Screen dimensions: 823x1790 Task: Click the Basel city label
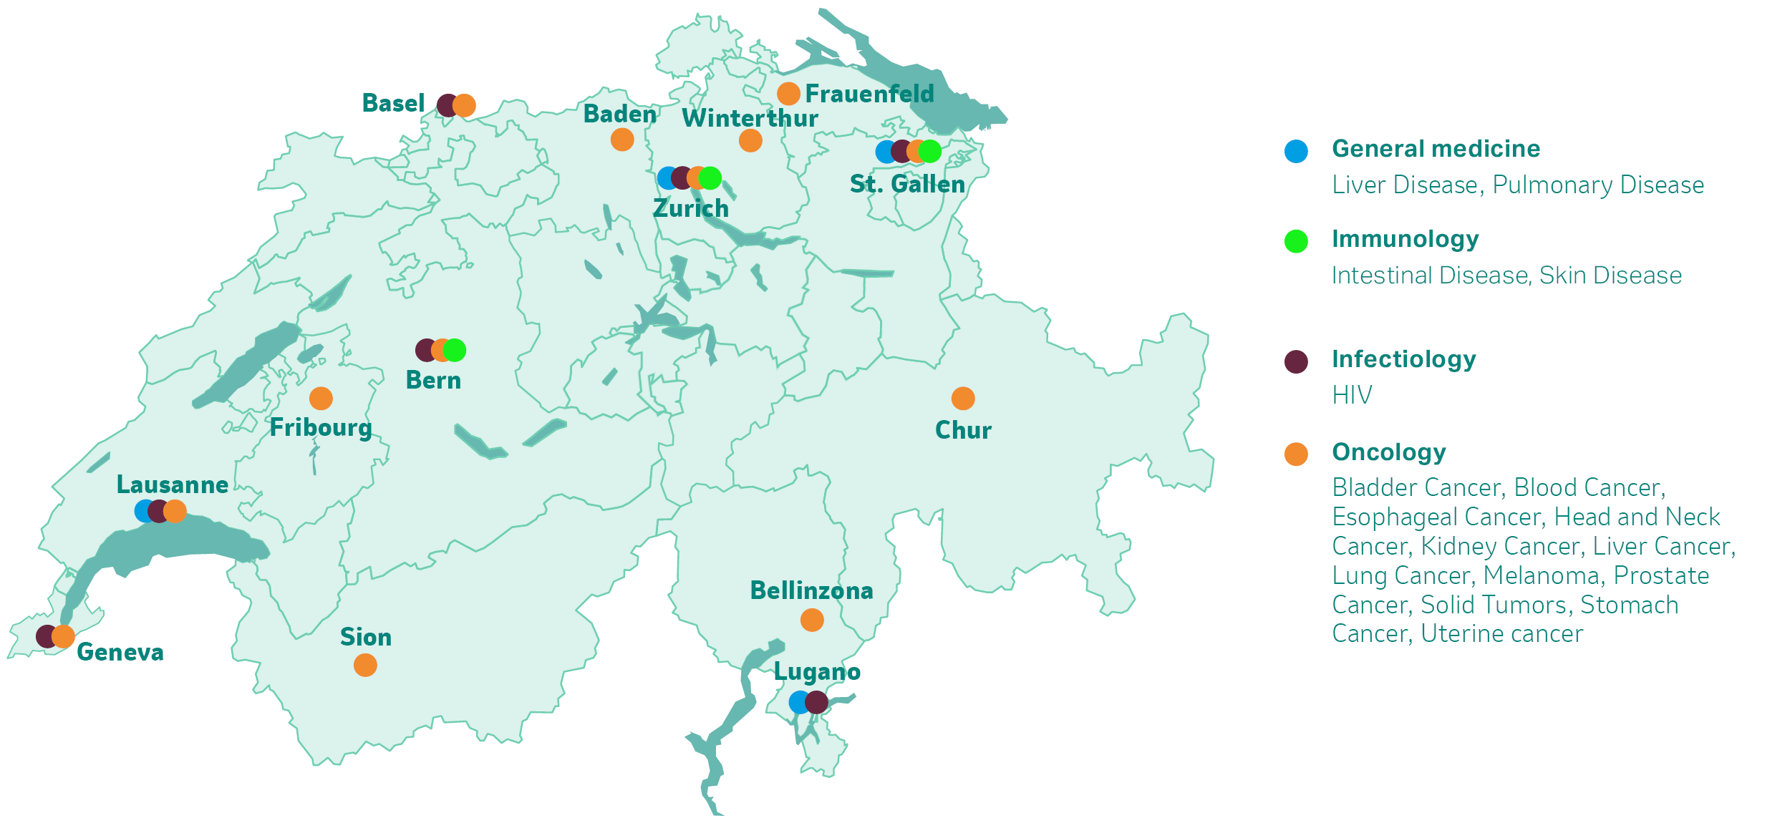click(x=393, y=104)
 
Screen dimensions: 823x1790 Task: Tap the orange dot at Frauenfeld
click(x=788, y=94)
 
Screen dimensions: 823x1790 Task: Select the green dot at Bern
click(x=455, y=350)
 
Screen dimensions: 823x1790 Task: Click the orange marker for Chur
click(x=963, y=399)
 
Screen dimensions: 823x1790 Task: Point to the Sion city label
click(x=366, y=638)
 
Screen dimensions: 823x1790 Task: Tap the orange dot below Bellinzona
click(x=812, y=620)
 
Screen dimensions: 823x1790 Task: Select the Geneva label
click(x=120, y=653)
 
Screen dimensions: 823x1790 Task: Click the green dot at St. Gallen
click(x=930, y=151)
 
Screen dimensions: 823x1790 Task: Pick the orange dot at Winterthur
click(x=750, y=141)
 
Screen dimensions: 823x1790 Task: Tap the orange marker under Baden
click(x=622, y=140)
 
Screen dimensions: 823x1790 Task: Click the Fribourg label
click(x=321, y=428)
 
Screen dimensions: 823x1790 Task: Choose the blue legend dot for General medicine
click(x=1296, y=151)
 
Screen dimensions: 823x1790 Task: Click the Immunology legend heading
click(x=1405, y=239)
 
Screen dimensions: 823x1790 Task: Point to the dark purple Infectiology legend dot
click(x=1296, y=361)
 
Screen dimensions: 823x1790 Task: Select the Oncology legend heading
click(x=1389, y=452)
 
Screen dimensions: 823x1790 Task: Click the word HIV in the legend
click(x=1352, y=395)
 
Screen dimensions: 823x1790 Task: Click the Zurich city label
click(x=691, y=209)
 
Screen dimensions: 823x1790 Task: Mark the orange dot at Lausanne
click(x=175, y=511)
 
